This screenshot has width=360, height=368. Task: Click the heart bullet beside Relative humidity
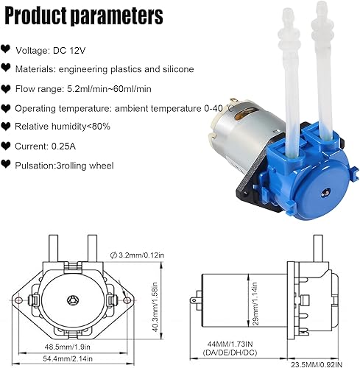tap(7, 126)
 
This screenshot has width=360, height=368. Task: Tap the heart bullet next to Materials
tap(7, 68)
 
